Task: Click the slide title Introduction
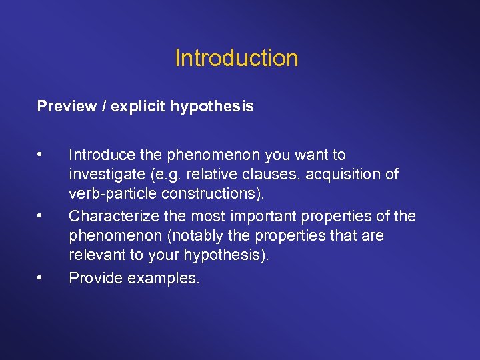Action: coord(236,58)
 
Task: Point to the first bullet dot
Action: coord(41,155)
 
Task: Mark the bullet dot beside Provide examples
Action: coord(41,277)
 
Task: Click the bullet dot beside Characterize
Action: coord(41,216)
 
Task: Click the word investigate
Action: coord(105,175)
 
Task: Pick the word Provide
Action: coord(94,278)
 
